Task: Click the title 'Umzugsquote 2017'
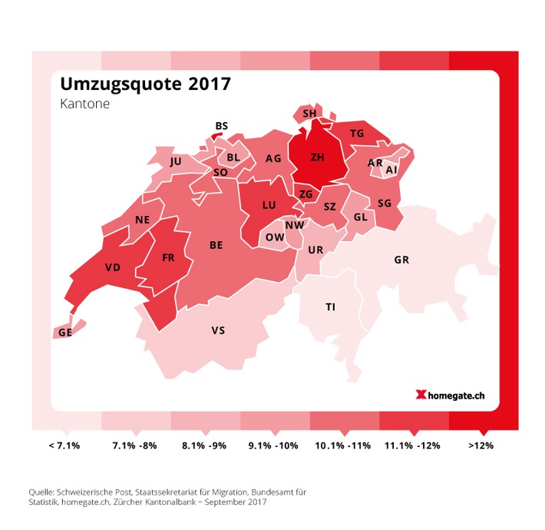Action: click(x=144, y=84)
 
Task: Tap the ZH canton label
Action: click(x=317, y=157)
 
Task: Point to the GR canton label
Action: click(x=401, y=260)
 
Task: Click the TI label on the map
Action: click(x=330, y=306)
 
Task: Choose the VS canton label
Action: click(x=218, y=330)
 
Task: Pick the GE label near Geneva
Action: click(x=64, y=333)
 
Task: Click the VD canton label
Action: click(x=113, y=268)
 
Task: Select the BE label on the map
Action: click(x=216, y=245)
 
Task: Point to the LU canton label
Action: click(x=269, y=205)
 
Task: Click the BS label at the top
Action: click(x=222, y=126)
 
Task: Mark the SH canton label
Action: click(x=310, y=114)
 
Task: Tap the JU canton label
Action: click(x=176, y=161)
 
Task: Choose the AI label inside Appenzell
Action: click(x=391, y=170)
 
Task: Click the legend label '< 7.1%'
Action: click(x=64, y=445)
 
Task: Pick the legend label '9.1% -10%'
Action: click(x=272, y=445)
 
